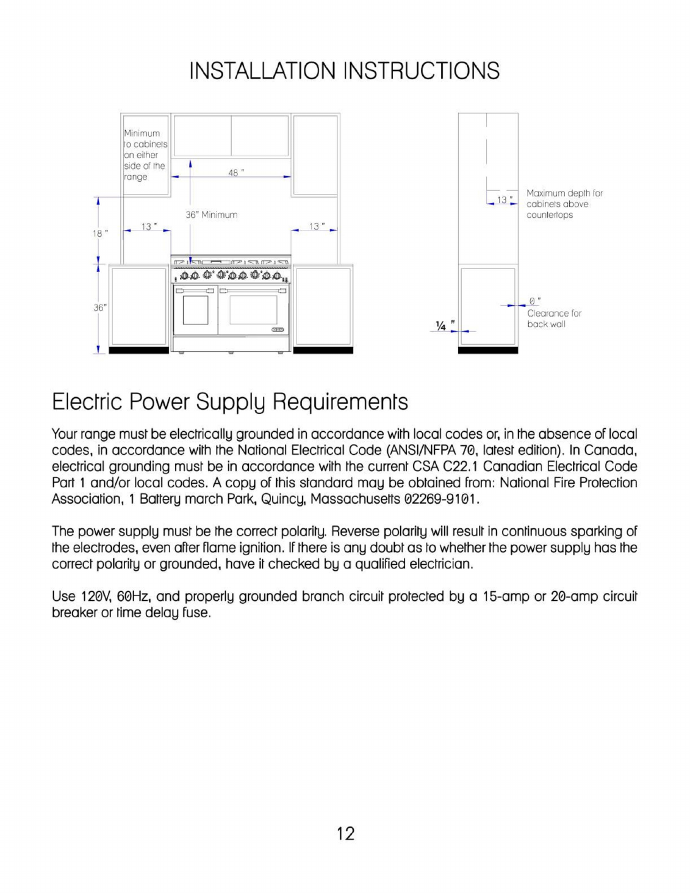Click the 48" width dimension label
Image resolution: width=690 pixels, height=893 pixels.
235,173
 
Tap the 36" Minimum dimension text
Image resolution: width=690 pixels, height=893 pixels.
211,215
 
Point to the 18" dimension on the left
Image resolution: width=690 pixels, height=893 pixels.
100,233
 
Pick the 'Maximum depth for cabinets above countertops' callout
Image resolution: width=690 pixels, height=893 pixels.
564,204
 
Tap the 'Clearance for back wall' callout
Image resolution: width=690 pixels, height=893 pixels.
553,318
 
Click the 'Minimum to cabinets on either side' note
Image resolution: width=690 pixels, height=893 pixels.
145,155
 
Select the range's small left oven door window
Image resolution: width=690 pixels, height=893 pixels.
195,309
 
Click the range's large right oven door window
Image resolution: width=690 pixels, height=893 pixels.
253,309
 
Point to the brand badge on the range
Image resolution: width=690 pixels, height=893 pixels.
278,329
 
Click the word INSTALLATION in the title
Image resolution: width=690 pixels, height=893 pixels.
264,71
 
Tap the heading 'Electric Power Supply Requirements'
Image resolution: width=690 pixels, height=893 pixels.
230,402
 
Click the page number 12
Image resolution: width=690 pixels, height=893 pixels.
345,833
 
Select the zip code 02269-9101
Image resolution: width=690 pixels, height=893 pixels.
439,499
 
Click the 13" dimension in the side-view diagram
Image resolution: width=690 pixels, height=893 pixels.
503,199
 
